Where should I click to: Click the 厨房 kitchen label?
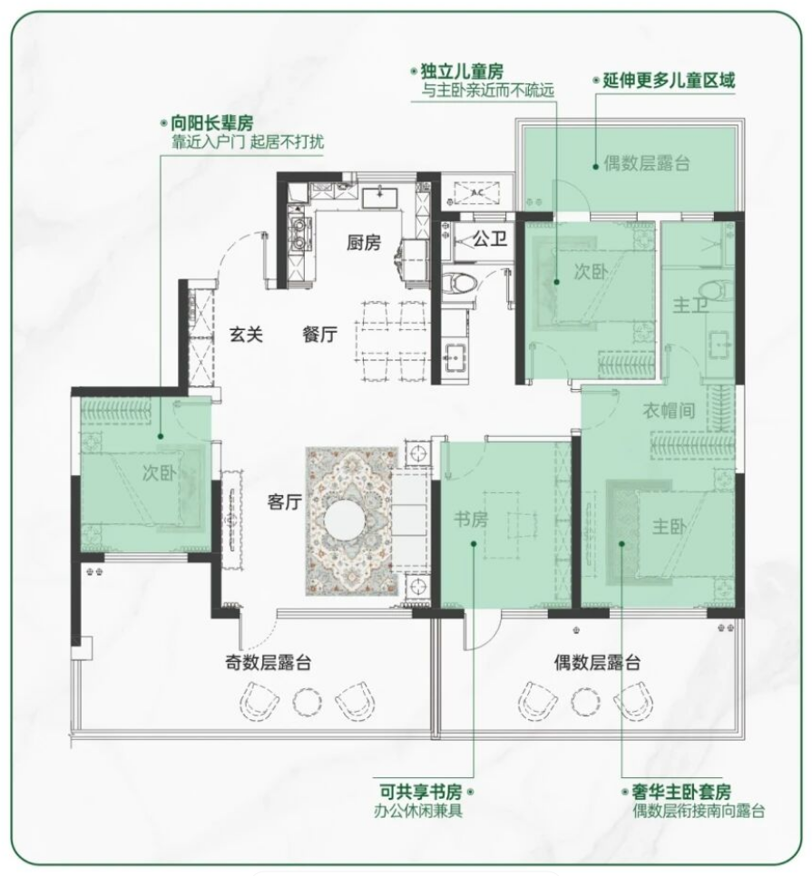pos(363,242)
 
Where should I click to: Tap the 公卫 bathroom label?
pos(490,239)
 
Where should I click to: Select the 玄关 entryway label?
pos(246,335)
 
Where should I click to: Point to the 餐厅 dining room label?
pos(319,335)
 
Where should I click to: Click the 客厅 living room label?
pos(285,501)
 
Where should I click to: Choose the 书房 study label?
pos(471,519)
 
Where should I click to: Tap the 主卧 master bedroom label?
pos(669,526)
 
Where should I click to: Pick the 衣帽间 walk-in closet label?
pos(669,411)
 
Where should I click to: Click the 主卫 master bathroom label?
pos(690,305)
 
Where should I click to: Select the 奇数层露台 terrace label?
pos(268,663)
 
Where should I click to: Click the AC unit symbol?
pos(476,193)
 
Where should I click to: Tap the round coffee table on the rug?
pos(345,521)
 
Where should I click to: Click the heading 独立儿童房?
pos(462,72)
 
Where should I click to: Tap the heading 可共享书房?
pos(421,792)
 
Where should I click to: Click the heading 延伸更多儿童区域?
pos(669,81)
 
